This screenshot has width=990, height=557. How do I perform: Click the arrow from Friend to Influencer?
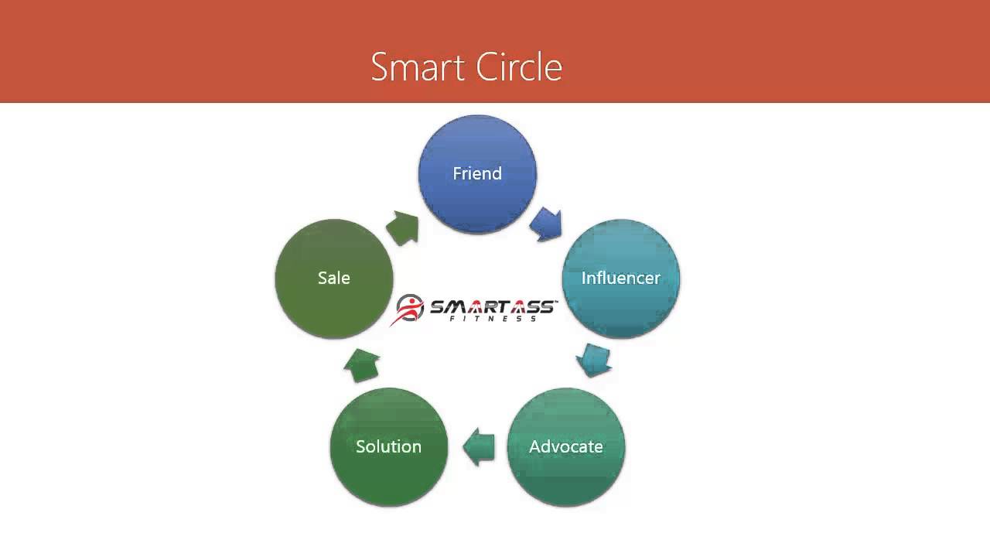click(x=546, y=224)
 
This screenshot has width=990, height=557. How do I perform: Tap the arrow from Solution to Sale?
click(x=361, y=364)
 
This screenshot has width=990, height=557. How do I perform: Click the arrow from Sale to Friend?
click(x=402, y=227)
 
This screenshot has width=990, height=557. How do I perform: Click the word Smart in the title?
click(x=418, y=67)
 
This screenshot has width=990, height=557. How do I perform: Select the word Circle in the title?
click(x=519, y=67)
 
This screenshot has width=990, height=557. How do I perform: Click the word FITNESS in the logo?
click(x=493, y=319)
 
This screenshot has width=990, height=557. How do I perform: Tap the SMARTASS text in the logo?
click(x=492, y=306)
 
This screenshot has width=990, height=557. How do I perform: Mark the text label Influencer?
click(x=620, y=278)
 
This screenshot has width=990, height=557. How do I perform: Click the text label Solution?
click(x=388, y=446)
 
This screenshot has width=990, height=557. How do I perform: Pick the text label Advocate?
click(x=566, y=446)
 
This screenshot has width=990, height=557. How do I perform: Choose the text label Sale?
click(x=334, y=278)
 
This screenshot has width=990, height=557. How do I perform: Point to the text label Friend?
click(x=477, y=173)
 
